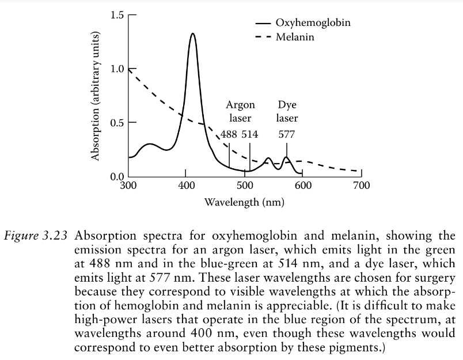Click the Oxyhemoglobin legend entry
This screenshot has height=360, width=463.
[x=312, y=24]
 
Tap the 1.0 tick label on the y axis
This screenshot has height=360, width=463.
[x=116, y=69]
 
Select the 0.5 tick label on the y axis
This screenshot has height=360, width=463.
[x=116, y=123]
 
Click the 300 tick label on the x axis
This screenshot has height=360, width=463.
[x=128, y=185]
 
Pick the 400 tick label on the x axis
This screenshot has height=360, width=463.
[x=185, y=185]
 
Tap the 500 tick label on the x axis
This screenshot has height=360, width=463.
[x=244, y=185]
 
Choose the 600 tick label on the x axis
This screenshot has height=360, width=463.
[x=303, y=185]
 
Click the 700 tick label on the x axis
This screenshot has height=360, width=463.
[x=362, y=185]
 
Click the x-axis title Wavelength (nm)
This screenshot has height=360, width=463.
[x=245, y=203]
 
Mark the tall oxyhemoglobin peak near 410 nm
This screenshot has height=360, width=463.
[x=192, y=35]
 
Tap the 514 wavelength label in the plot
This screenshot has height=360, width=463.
[x=250, y=134]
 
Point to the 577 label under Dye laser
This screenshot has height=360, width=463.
[x=287, y=134]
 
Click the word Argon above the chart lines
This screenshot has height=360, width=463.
[x=240, y=105]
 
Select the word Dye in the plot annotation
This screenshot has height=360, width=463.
[x=287, y=105]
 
